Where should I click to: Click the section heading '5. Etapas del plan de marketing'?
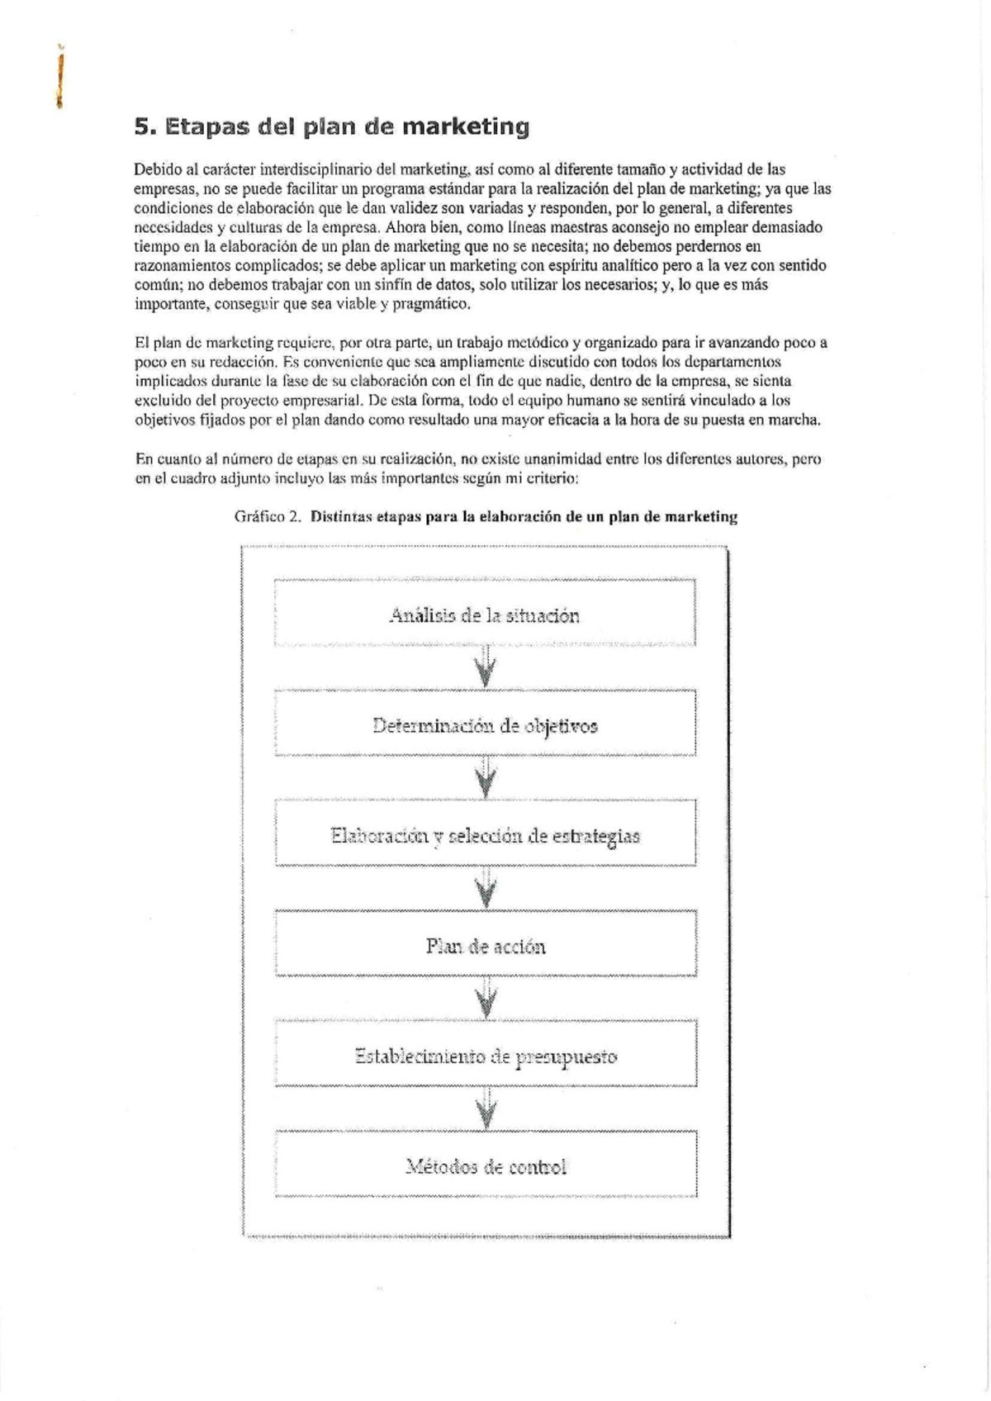click(331, 127)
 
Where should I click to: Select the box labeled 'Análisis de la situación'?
click(485, 615)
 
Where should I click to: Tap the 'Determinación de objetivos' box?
click(485, 726)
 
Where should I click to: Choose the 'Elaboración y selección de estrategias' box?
click(485, 836)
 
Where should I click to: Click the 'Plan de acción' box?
click(485, 946)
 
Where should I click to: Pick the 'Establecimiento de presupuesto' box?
click(485, 1057)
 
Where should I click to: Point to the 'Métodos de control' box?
click(485, 1166)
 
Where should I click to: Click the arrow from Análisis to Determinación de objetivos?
click(486, 667)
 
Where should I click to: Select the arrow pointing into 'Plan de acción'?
click(486, 888)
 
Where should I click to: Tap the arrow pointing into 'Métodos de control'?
click(486, 1109)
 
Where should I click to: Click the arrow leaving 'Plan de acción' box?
click(486, 998)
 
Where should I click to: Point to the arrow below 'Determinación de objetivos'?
click(486, 778)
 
